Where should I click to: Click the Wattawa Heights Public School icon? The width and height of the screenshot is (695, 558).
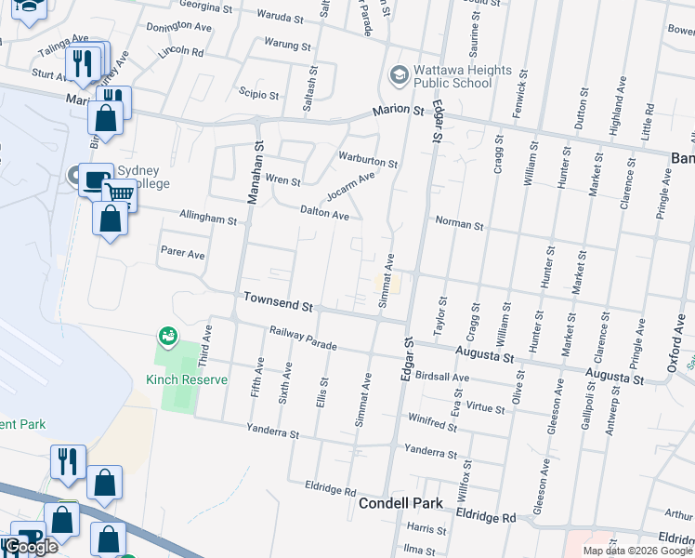tap(399, 74)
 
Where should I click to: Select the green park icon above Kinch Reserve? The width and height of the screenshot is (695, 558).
tap(168, 335)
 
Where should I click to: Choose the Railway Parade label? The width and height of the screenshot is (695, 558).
tap(303, 338)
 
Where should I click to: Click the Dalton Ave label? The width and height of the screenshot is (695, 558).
tap(324, 213)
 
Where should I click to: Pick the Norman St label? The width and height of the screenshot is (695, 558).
tap(460, 225)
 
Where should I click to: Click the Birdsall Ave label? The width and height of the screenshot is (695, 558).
tap(444, 376)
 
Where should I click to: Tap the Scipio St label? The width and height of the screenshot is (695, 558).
tap(259, 95)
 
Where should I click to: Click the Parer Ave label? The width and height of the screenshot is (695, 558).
tap(182, 254)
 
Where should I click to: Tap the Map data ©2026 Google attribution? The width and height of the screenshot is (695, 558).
tap(637, 551)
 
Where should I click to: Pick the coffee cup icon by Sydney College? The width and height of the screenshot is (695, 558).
tap(94, 179)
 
